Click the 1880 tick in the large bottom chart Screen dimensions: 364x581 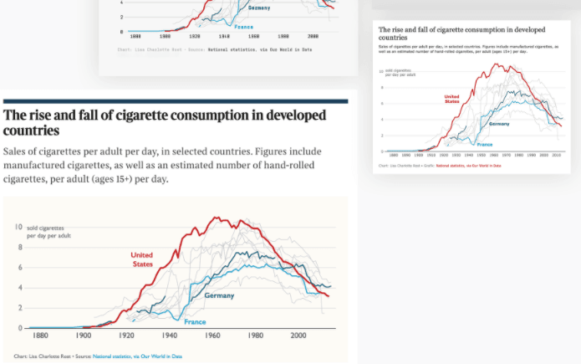tap(39, 336)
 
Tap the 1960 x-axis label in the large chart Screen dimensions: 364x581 tap(212, 336)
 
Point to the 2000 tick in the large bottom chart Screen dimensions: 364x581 tap(298, 336)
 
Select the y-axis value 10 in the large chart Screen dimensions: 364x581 tap(18, 227)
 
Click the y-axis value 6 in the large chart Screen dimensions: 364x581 tap(20, 267)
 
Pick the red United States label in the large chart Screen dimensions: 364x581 tap(142, 259)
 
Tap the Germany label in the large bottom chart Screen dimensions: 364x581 tap(219, 295)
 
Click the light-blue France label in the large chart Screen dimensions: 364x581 tap(195, 322)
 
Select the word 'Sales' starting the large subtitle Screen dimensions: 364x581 tap(19, 151)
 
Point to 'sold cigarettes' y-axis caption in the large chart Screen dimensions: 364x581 tap(45, 228)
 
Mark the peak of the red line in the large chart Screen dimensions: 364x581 tap(215, 218)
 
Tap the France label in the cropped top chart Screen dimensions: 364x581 tap(243, 27)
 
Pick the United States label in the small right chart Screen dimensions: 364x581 tap(451, 99)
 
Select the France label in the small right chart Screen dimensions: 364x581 tap(485, 145)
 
